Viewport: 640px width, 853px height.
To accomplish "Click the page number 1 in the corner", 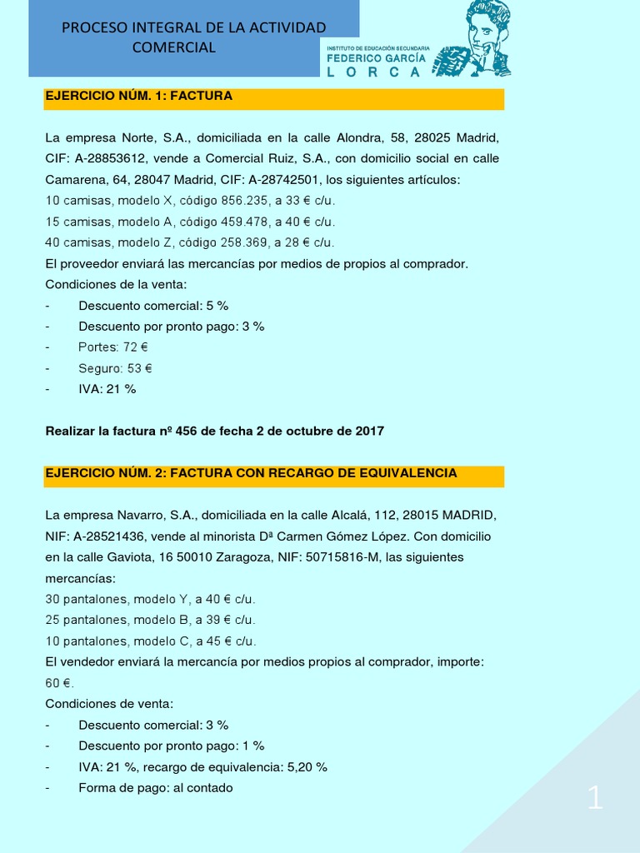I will point(595,799).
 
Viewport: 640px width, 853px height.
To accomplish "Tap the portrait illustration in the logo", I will point(482,37).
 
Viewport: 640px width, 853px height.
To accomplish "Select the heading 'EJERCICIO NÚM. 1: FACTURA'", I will point(138,96).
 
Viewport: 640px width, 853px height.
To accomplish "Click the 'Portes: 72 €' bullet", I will point(113,347).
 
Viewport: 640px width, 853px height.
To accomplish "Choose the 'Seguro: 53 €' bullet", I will point(115,367).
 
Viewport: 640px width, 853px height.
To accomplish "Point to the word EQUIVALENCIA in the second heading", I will point(408,472).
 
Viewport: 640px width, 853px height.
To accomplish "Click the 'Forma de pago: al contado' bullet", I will point(156,787).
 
